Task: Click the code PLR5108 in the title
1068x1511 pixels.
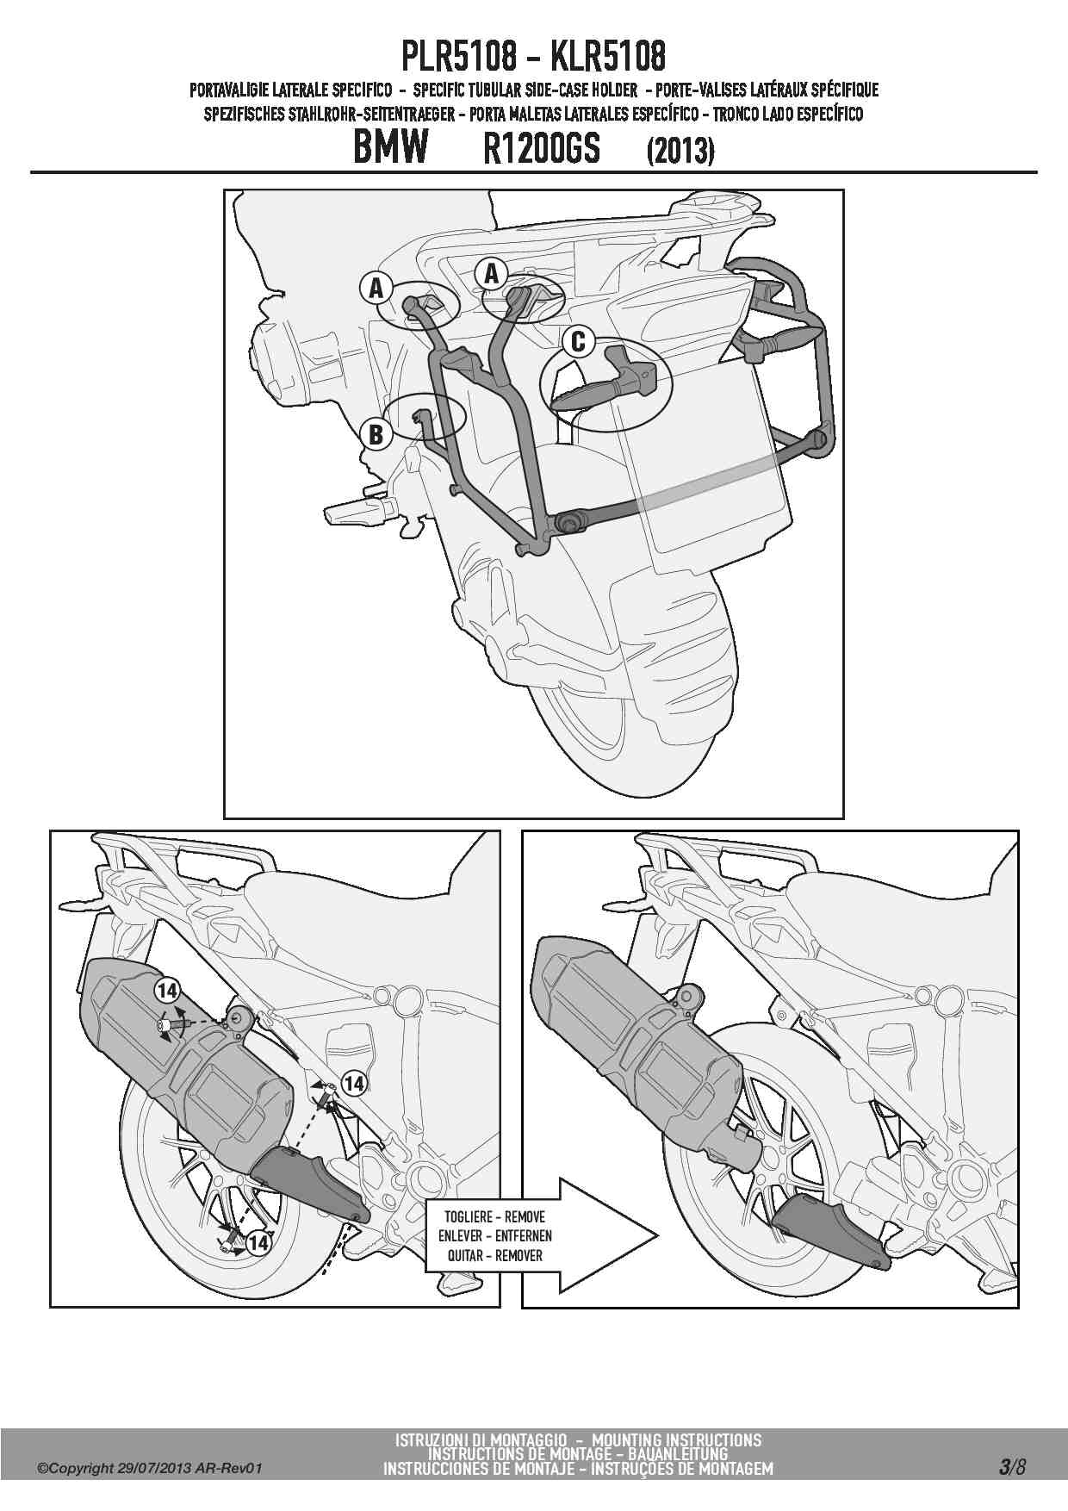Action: (459, 58)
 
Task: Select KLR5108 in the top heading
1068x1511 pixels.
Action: (608, 58)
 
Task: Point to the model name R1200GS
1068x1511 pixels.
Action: (542, 150)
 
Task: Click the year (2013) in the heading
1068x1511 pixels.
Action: (680, 151)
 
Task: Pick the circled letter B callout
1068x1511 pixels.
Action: (376, 434)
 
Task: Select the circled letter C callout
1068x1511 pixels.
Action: (578, 342)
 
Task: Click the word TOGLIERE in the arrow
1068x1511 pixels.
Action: (467, 1217)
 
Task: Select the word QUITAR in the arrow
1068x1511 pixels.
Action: (464, 1255)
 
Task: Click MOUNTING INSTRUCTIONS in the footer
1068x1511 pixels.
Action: (677, 1439)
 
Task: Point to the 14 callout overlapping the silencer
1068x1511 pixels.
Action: (167, 991)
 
